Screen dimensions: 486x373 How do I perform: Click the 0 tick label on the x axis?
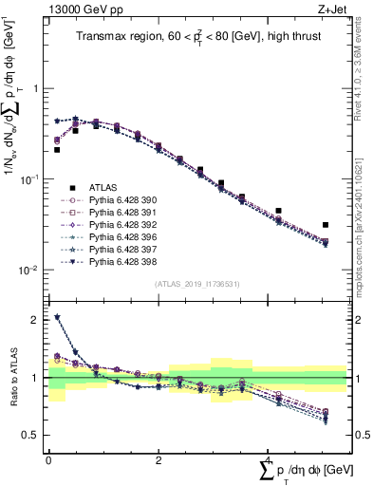click(48, 460)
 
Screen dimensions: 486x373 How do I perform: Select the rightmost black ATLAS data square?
click(326, 225)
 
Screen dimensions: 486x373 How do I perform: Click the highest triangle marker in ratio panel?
click(57, 318)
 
